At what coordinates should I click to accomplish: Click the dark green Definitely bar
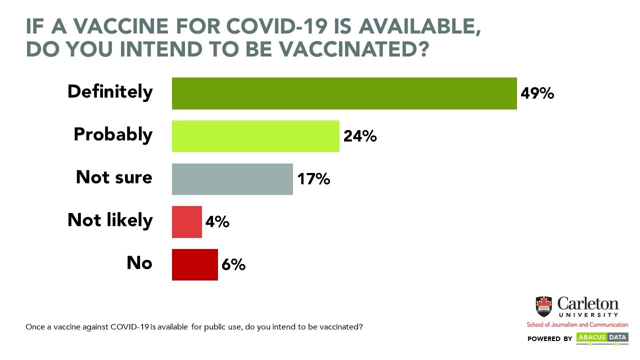(344, 93)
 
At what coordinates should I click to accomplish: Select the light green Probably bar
(255, 136)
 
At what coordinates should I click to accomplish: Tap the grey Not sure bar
(232, 179)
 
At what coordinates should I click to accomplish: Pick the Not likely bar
(187, 222)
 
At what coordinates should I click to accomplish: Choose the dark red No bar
(195, 265)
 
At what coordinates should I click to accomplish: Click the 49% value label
(537, 93)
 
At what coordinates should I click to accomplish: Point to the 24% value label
(360, 136)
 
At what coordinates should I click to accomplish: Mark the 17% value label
(313, 179)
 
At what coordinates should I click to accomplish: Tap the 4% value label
(217, 221)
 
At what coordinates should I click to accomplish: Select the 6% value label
(233, 264)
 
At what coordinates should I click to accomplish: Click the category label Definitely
(110, 92)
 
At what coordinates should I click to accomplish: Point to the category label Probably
(113, 135)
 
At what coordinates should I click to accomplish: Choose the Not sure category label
(114, 177)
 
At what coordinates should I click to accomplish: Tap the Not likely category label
(110, 220)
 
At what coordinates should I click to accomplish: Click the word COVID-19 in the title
(277, 26)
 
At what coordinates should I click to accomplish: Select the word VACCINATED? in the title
(354, 49)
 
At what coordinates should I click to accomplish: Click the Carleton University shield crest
(543, 306)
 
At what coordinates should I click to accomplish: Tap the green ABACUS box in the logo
(592, 337)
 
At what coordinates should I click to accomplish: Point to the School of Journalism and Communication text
(577, 325)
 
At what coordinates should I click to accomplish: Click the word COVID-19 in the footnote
(129, 327)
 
